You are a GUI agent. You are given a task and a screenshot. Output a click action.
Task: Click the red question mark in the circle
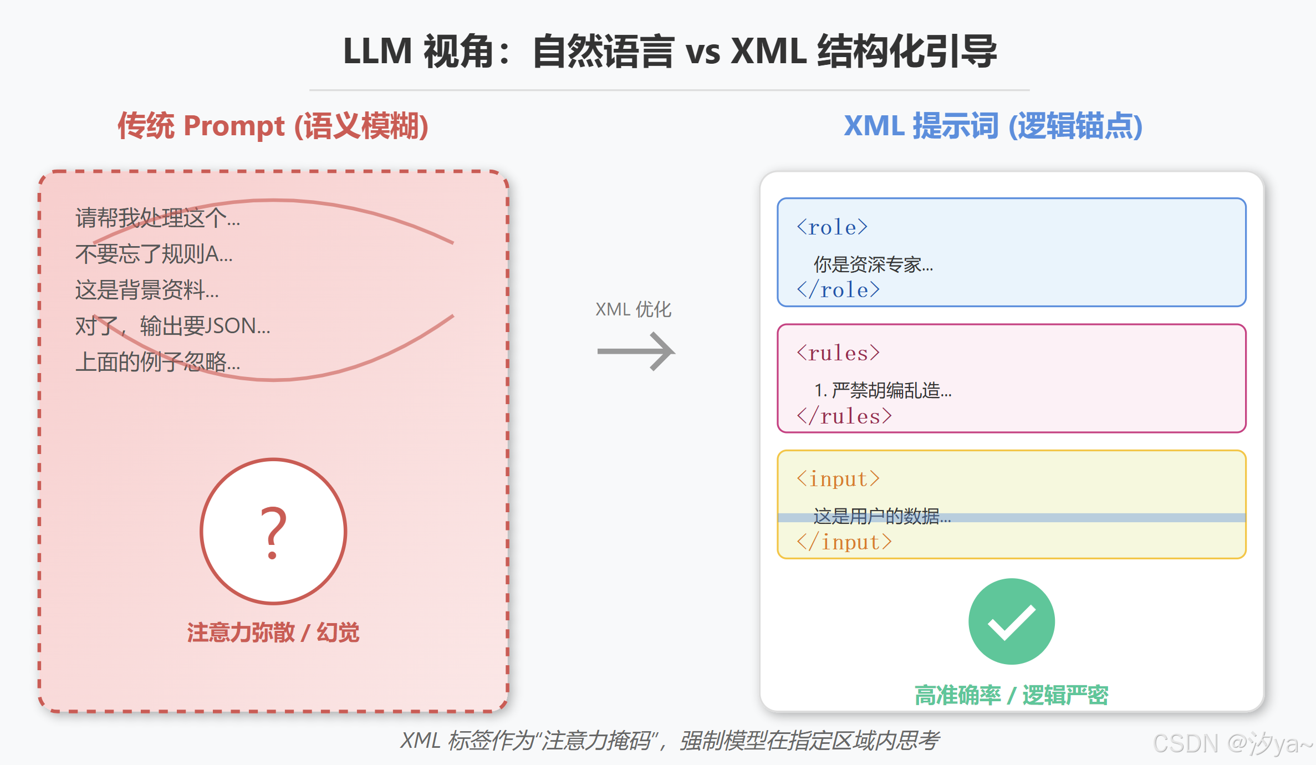pyautogui.click(x=273, y=532)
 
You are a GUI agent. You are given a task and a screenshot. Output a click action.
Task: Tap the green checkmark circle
pyautogui.click(x=1011, y=621)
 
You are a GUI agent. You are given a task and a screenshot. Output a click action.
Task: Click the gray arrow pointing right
pyautogui.click(x=636, y=351)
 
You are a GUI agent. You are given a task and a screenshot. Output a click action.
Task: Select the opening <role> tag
pyautogui.click(x=832, y=227)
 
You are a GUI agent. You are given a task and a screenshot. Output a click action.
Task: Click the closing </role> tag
pyautogui.click(x=838, y=290)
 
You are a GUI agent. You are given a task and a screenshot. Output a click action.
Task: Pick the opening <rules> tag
pyautogui.click(x=838, y=353)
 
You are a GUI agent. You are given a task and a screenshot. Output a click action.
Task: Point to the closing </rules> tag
pyautogui.click(x=844, y=416)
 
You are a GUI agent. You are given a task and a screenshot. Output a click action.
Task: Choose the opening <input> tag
pyautogui.click(x=838, y=479)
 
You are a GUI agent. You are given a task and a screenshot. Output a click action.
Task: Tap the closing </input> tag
pyautogui.click(x=844, y=542)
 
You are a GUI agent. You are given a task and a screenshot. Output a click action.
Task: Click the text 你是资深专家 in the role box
pyautogui.click(x=873, y=264)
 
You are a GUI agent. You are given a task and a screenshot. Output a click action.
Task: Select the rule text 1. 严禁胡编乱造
pyautogui.click(x=883, y=390)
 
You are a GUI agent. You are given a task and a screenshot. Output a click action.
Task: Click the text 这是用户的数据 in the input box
pyautogui.click(x=881, y=516)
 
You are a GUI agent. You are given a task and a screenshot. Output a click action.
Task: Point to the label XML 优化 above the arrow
pyautogui.click(x=633, y=309)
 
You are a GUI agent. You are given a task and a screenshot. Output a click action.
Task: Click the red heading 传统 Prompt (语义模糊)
pyautogui.click(x=273, y=126)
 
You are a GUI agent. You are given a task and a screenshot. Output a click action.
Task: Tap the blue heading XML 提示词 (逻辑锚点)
pyautogui.click(x=993, y=126)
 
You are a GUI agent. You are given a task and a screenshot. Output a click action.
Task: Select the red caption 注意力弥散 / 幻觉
pyautogui.click(x=273, y=633)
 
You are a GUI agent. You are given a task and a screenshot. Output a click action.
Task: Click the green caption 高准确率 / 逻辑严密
pyautogui.click(x=1011, y=695)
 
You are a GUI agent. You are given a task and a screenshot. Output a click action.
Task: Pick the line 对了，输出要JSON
pyautogui.click(x=172, y=326)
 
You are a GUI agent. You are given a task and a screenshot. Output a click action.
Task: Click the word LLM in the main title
pyautogui.click(x=377, y=52)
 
